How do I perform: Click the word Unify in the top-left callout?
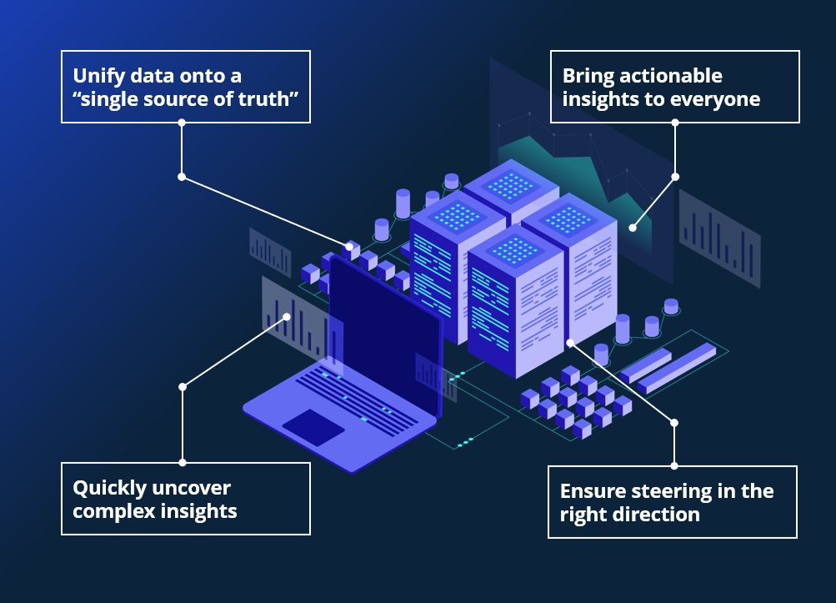(x=97, y=76)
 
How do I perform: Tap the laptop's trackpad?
(x=313, y=426)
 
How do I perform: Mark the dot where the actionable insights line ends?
(x=633, y=227)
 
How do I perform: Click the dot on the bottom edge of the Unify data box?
(x=182, y=123)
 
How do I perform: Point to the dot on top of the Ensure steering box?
(x=674, y=465)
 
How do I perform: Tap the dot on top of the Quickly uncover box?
(x=183, y=462)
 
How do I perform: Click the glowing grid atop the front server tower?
(x=514, y=249)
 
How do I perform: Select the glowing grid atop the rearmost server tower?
(x=510, y=184)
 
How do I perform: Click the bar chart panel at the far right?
(x=719, y=239)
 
